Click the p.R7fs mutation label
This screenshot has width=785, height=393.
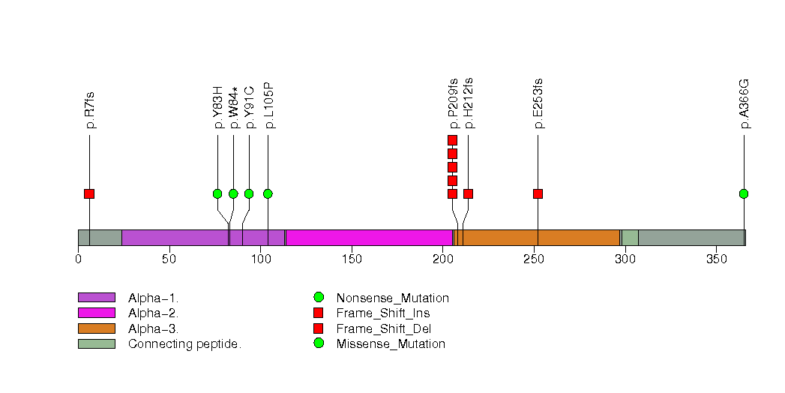pyautogui.click(x=90, y=110)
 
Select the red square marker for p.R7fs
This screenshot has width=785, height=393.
pyautogui.click(x=89, y=193)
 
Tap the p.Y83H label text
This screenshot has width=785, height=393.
pyautogui.click(x=218, y=107)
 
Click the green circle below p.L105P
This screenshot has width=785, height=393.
pyautogui.click(x=268, y=193)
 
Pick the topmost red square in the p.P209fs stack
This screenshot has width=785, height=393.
pyautogui.click(x=452, y=140)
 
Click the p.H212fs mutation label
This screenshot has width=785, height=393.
pyautogui.click(x=469, y=103)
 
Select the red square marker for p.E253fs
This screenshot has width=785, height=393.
pyautogui.click(x=538, y=193)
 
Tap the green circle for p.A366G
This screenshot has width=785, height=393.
pyautogui.click(x=744, y=193)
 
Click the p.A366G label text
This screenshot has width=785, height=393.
pyautogui.click(x=745, y=103)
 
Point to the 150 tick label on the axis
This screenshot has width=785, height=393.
pyautogui.click(x=352, y=259)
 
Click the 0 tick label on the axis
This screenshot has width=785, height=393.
pyautogui.click(x=78, y=259)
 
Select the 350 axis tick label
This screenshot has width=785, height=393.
pyautogui.click(x=716, y=259)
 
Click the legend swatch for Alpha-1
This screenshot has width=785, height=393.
pyautogui.click(x=96, y=298)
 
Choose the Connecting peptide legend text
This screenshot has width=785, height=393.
pyautogui.click(x=184, y=344)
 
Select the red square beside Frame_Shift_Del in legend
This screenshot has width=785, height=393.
pyautogui.click(x=318, y=328)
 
